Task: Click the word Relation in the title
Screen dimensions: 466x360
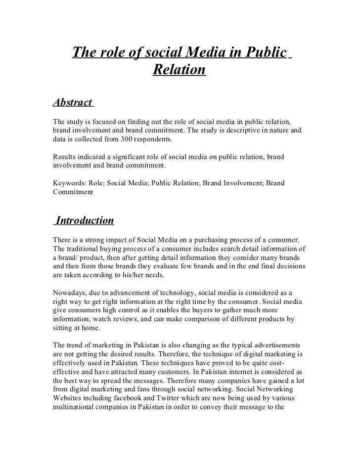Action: click(179, 71)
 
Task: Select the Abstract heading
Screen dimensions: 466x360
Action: click(72, 102)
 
